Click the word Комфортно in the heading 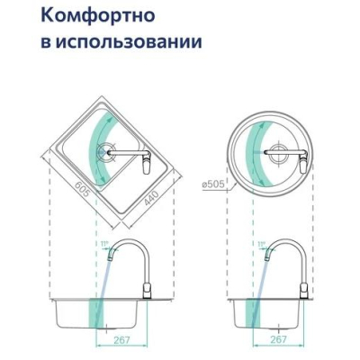[x=98, y=16]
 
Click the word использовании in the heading [x=129, y=41]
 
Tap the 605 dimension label [x=83, y=190]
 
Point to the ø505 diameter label [x=213, y=184]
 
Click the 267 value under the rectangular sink [x=122, y=340]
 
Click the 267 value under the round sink [x=278, y=339]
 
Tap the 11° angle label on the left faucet [x=104, y=244]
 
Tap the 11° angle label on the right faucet [x=262, y=244]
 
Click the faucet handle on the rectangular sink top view [x=146, y=166]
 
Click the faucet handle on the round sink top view [x=303, y=165]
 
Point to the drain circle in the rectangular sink [x=106, y=152]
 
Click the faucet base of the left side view [x=147, y=291]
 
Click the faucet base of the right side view [x=303, y=291]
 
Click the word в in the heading [x=45, y=42]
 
